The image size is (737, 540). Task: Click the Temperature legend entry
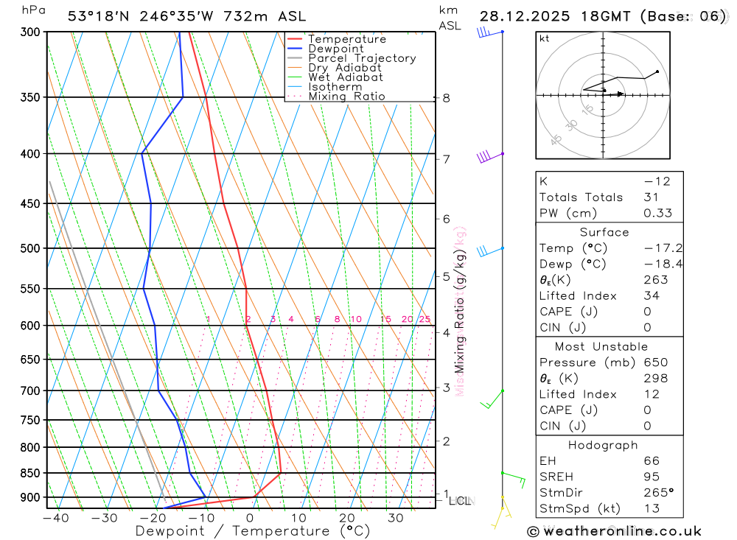pos(346,39)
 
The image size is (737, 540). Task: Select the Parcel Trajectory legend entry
pos(362,58)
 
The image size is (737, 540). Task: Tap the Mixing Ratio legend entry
pos(346,97)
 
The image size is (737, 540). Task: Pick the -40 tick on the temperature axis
pos(56,518)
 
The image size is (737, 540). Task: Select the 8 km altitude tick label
pos(446,98)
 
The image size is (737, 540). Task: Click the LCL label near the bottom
pos(460,501)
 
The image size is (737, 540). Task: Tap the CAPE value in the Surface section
pos(647,312)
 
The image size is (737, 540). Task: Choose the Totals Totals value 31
pos(651,197)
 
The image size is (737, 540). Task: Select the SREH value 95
pos(651,477)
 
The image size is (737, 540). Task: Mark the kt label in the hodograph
pos(545,38)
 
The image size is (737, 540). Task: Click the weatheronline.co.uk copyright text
pos(614,531)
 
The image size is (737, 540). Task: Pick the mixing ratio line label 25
pos(425,319)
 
